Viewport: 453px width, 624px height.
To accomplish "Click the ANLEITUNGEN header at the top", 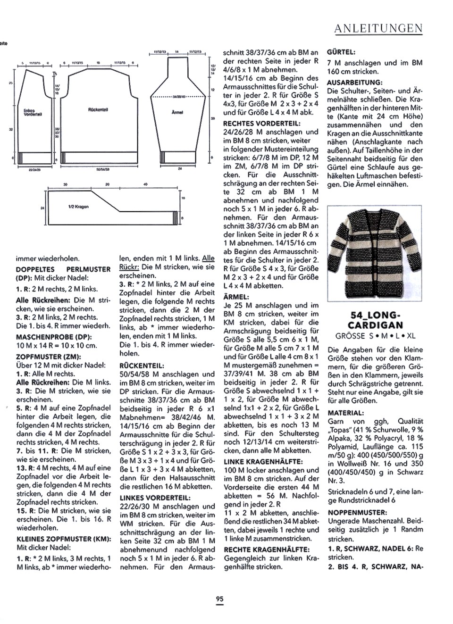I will pyautogui.click(x=378, y=29).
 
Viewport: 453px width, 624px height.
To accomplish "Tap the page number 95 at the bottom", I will pyautogui.click(x=219, y=599).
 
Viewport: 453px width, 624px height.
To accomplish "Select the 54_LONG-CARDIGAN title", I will pyautogui.click(x=375, y=320).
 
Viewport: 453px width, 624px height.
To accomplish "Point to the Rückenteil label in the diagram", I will pyautogui.click(x=98, y=109).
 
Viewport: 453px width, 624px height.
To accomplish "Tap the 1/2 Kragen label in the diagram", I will pyautogui.click(x=78, y=207).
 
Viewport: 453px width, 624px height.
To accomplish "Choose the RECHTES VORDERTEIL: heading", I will pyautogui.click(x=258, y=123).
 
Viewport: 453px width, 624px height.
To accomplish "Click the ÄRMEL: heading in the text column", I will pyautogui.click(x=236, y=297).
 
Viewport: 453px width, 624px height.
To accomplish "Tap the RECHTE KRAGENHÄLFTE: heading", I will pyautogui.click(x=267, y=549).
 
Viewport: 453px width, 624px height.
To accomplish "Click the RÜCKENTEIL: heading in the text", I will pyautogui.click(x=142, y=365).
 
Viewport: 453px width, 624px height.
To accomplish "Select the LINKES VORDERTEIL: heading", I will pyautogui.click(x=155, y=498).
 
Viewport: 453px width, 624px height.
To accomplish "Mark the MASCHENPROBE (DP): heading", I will pyautogui.click(x=54, y=337).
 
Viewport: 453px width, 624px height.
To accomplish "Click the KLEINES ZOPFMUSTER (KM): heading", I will pyautogui.click(x=64, y=539).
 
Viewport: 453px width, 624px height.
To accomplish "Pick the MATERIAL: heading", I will pyautogui.click(x=346, y=413).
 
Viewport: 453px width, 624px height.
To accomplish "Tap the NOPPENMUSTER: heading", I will pyautogui.click(x=358, y=512).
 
